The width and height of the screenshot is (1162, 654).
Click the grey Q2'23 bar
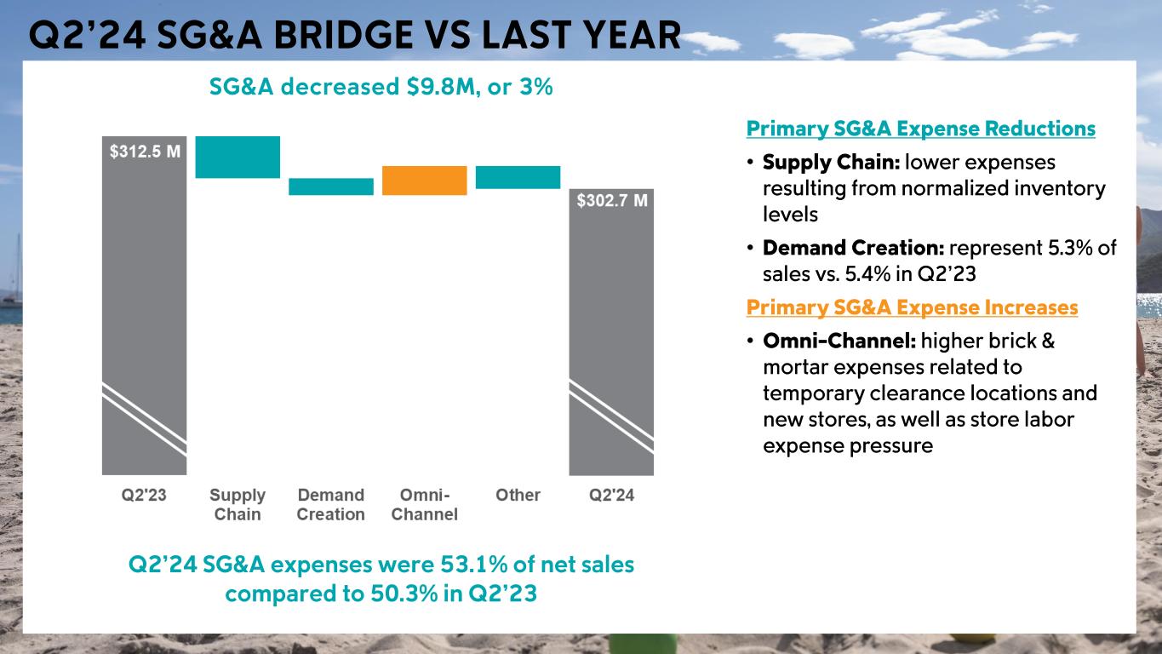144,307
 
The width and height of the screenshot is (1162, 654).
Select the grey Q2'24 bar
611,332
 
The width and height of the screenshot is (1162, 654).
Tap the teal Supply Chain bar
238,157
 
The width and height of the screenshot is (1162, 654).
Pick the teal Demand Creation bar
331,186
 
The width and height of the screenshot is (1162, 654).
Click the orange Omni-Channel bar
425,181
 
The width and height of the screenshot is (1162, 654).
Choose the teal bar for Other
518,177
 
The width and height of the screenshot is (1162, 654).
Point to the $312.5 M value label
145,152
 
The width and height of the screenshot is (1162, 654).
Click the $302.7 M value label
612,201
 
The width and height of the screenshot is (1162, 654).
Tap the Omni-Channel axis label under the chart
424,505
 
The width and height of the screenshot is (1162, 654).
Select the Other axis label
518,496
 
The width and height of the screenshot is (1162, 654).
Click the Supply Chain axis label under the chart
238,505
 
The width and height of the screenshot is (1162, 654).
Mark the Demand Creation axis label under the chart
330,505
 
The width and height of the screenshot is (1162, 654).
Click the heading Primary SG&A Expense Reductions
920,129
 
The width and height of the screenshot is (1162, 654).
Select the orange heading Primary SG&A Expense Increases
912,307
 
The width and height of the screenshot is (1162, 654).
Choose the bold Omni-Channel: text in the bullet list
839,341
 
